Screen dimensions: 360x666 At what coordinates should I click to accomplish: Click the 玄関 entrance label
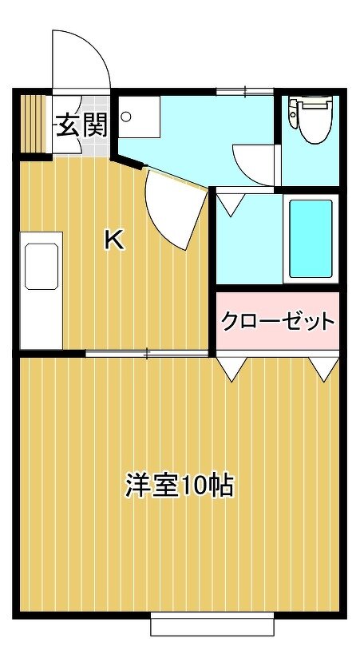tap(82, 125)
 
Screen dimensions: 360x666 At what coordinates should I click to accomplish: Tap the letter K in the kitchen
tap(114, 240)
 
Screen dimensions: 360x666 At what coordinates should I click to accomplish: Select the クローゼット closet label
tap(278, 321)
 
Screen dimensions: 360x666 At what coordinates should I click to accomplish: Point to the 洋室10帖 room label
tap(179, 485)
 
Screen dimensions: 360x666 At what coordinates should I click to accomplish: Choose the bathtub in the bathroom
tap(311, 240)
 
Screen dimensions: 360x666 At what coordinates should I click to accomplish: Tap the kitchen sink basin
tap(42, 266)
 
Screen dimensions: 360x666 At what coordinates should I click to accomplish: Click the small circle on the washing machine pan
tap(126, 116)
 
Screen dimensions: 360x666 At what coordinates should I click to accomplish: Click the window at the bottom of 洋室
tap(212, 624)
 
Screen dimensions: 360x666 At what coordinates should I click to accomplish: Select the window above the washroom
tap(244, 91)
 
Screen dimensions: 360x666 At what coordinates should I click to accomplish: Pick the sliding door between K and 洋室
tap(147, 353)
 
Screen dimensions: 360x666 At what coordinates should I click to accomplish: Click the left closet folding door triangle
tap(231, 369)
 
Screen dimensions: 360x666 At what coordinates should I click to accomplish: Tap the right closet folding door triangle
tap(324, 369)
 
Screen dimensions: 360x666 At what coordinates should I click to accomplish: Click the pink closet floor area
tap(278, 321)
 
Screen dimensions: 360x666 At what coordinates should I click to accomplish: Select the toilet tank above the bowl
tap(310, 102)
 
